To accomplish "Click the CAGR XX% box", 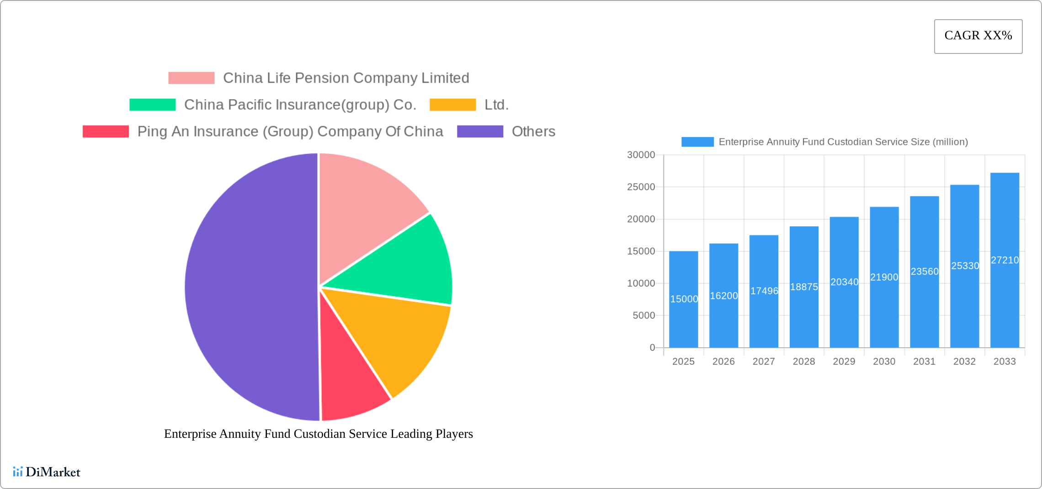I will click(978, 36).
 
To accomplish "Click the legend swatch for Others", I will click(480, 132).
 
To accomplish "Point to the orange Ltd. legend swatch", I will click(452, 105).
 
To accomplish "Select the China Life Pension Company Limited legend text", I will click(346, 78).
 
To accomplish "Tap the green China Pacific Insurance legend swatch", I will click(152, 105).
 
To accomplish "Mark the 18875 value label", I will click(804, 287).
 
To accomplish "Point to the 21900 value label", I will click(884, 277).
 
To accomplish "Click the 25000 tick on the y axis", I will click(641, 187).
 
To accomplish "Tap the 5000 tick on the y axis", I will click(643, 315).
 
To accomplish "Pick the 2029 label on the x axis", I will click(844, 361).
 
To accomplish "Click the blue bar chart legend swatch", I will click(697, 142).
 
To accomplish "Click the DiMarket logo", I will click(47, 472).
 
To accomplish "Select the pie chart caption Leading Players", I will click(318, 434).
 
